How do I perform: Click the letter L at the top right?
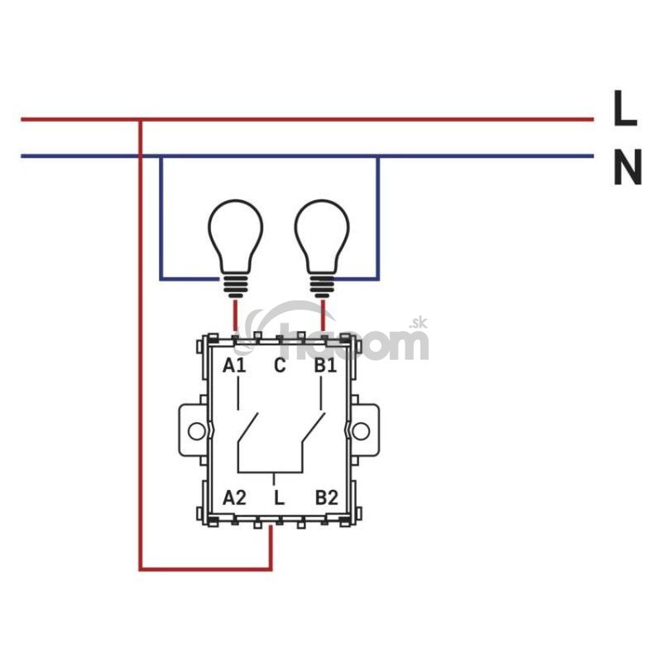625,108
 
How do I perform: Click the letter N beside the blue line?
627,166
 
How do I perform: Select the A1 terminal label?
234,365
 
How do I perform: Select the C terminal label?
280,365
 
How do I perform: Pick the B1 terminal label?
325,365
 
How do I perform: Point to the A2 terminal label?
234,498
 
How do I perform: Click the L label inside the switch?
279,498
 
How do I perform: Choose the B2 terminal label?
326,498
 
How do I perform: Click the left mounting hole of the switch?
196,431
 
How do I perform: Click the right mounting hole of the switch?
361,431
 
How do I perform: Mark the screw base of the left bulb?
236,286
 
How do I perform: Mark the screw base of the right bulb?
323,286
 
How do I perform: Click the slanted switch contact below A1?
247,428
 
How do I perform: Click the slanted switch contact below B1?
314,428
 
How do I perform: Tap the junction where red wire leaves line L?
141,120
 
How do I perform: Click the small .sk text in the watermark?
418,324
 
